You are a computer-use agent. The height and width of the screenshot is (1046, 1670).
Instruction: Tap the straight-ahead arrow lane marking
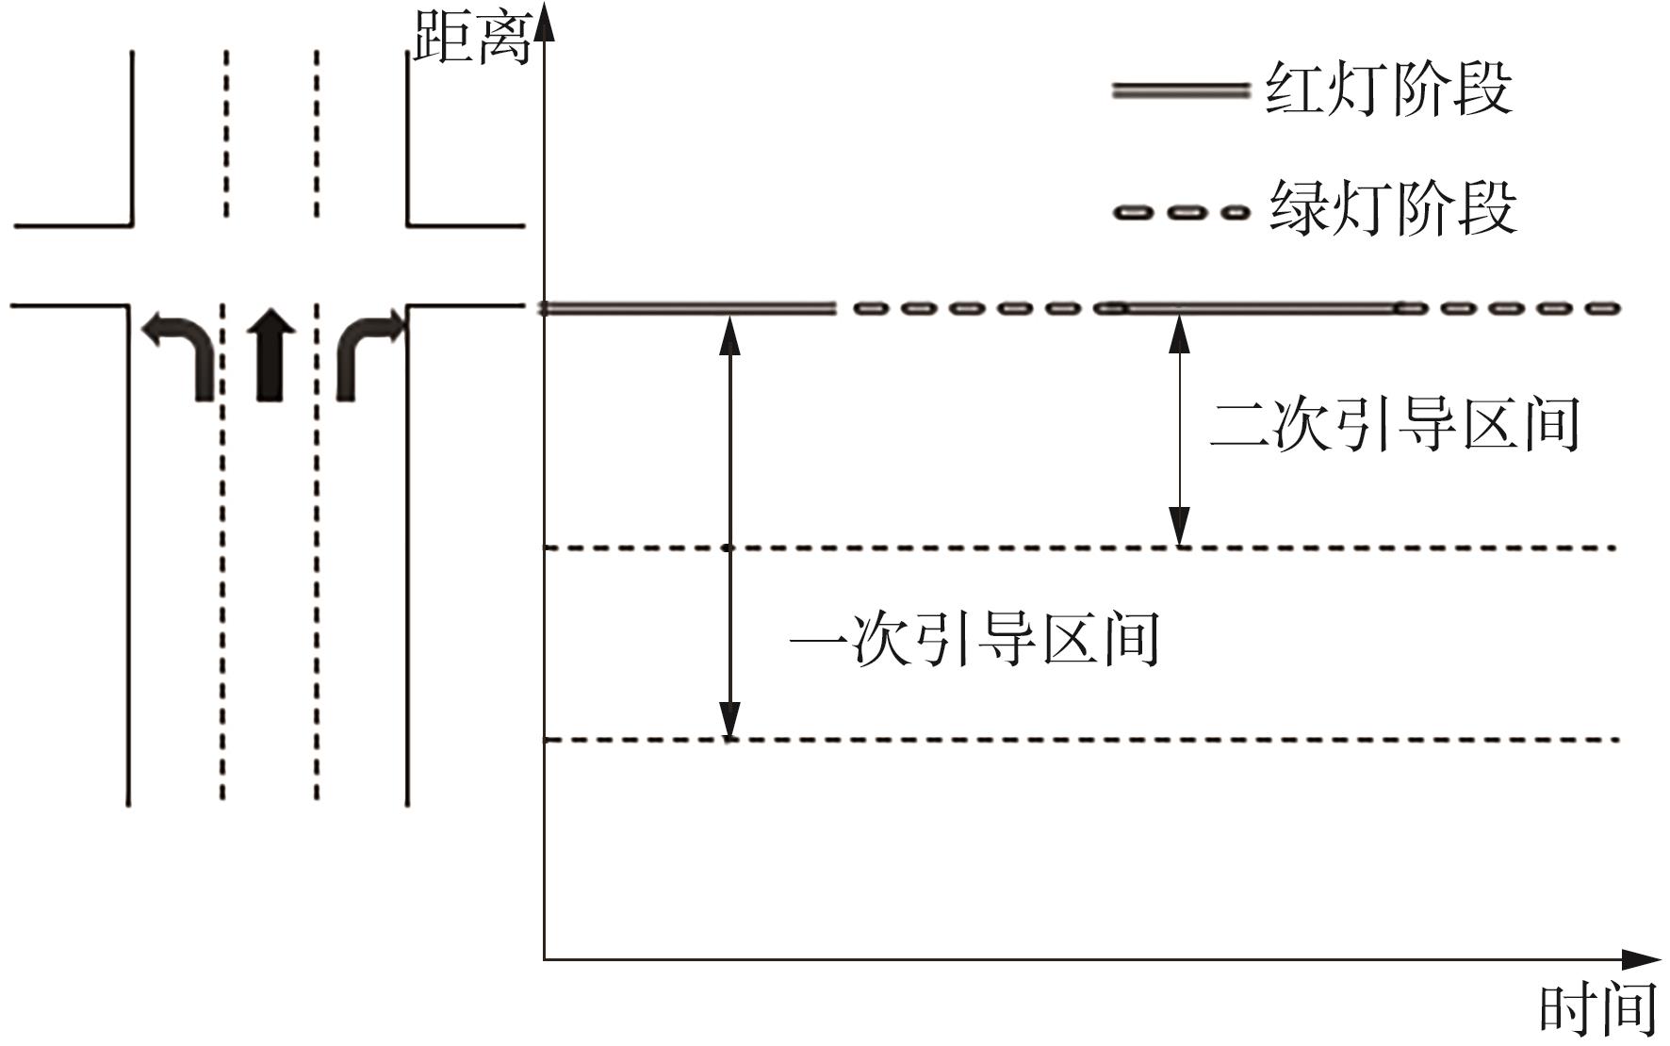tap(270, 354)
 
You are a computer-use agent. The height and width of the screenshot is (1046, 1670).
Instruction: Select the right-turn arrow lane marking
tap(365, 354)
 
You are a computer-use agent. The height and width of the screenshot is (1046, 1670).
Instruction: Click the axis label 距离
tap(472, 38)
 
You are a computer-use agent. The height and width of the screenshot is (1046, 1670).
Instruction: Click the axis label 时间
tap(1597, 1010)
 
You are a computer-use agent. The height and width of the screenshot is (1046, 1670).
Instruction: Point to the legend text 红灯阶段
tap(1388, 90)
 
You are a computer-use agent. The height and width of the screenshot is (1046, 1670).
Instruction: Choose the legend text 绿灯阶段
tap(1393, 208)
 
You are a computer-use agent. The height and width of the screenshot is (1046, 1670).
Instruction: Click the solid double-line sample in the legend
tap(1180, 91)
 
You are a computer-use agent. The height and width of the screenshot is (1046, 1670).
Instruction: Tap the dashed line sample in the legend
tap(1180, 212)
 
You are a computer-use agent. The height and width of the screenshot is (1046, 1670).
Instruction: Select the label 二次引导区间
tap(1394, 425)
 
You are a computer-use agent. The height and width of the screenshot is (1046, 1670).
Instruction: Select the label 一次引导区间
tap(974, 640)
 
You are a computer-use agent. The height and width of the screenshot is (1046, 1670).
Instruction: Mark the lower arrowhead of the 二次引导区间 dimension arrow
tap(1179, 527)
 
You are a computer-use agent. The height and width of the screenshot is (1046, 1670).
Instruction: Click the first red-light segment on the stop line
tap(688, 308)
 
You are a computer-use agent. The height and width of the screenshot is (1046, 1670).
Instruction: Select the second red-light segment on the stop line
tap(1258, 308)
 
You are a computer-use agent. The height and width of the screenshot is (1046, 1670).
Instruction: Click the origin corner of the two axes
tap(545, 959)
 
